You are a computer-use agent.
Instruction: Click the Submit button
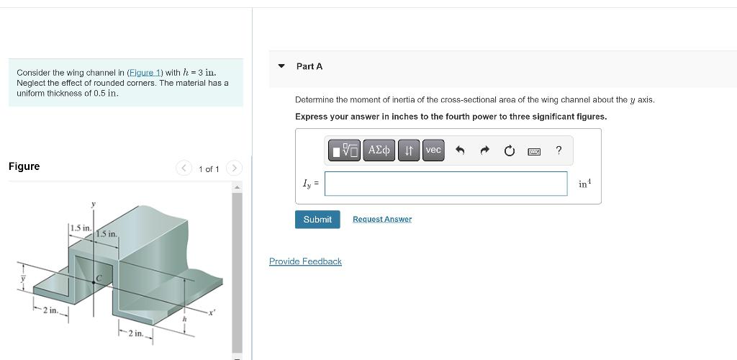click(x=317, y=220)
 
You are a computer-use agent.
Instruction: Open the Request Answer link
click(x=382, y=220)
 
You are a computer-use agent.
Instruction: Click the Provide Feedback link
click(x=305, y=261)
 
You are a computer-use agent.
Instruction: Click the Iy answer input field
click(x=446, y=184)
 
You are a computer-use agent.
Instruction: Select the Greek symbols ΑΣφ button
click(x=379, y=150)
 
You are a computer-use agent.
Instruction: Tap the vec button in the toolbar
click(x=433, y=150)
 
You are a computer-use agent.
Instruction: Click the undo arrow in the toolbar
click(x=461, y=150)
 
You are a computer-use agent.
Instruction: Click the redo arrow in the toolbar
click(x=484, y=150)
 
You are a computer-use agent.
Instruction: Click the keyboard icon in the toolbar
click(x=533, y=151)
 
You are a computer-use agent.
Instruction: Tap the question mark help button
click(x=559, y=150)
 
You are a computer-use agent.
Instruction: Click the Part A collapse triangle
click(x=281, y=66)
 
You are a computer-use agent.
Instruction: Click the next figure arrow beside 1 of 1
click(x=234, y=168)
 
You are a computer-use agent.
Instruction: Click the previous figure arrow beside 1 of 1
click(x=184, y=168)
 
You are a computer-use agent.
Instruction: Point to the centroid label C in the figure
click(x=100, y=276)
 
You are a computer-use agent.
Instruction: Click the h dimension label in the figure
click(x=184, y=318)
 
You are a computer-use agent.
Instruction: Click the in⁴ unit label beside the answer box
click(x=584, y=184)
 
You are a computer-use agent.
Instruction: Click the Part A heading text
click(x=309, y=66)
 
